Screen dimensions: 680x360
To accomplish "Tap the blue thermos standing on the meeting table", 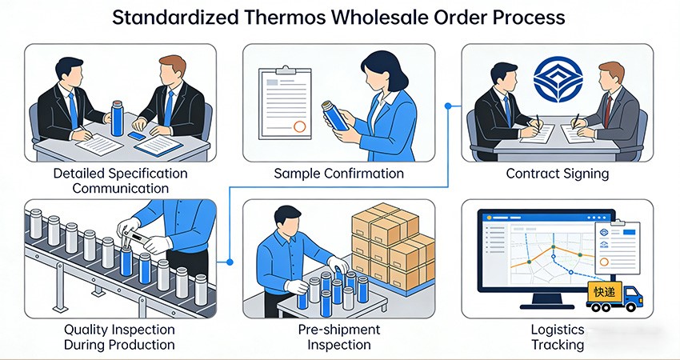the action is coord(117,118).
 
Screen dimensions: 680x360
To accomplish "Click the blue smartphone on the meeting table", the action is coord(137,136).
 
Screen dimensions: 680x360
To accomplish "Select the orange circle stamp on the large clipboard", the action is coord(300,126).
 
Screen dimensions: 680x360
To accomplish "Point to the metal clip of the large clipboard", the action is coord(285,70).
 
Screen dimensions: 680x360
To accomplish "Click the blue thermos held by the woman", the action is coord(334,115).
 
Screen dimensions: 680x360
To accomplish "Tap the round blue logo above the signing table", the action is coord(558,79).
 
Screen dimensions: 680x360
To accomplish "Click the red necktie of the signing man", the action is coord(608,111).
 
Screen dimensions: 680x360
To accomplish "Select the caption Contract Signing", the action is coord(558,174).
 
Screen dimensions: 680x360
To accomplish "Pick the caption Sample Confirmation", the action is coord(338,174).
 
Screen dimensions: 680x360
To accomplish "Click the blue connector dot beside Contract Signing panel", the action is coord(448,106).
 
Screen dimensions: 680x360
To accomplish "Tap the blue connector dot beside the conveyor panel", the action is coord(230,262).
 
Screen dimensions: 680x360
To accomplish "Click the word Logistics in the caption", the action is coord(558,330).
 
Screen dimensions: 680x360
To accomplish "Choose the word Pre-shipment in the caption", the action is coord(339,330).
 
